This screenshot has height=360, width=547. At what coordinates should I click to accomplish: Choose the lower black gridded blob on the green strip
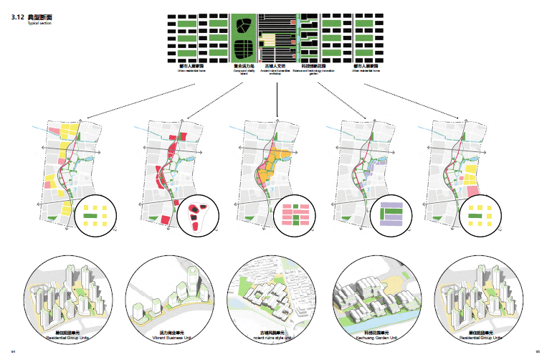tap(244, 51)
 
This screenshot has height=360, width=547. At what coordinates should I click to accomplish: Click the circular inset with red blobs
tap(199, 214)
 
